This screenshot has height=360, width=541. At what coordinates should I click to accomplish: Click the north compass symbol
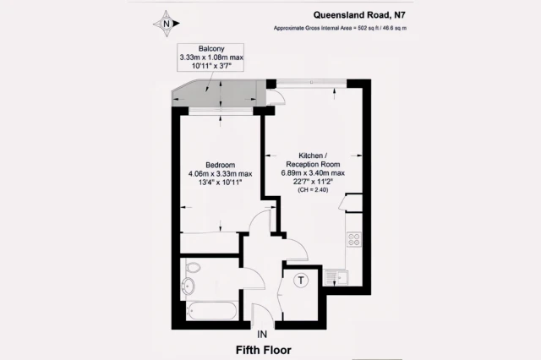166,24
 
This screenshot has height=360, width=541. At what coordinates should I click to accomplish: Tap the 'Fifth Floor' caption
270,348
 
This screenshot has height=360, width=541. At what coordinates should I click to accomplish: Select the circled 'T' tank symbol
299,281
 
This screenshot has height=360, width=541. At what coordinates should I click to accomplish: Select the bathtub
209,312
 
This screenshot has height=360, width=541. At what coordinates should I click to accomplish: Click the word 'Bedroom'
221,165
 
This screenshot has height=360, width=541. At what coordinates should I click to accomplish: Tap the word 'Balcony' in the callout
210,48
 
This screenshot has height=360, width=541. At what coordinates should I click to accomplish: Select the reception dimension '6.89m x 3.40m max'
313,173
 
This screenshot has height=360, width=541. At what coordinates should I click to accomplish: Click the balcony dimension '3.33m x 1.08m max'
210,57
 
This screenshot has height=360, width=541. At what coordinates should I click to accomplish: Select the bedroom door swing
259,221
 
